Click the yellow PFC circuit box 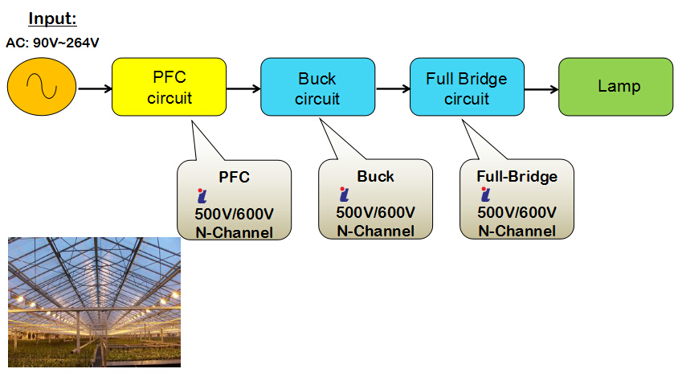169,87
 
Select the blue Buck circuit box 318,87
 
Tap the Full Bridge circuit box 467,87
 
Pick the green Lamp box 615,87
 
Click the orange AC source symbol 42,87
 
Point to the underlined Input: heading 52,18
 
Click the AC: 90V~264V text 52,43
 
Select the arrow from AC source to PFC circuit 95,88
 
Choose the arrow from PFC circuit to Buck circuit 243,88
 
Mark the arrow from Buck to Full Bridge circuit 393,88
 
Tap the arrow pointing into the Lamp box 541,89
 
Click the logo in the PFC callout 202,195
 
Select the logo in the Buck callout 344,195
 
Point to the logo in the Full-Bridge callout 485,195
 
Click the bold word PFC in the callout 234,177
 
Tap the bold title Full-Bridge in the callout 517,177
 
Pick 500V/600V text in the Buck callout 375,212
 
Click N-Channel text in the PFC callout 234,232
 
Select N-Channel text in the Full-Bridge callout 517,231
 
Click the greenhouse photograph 94,302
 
